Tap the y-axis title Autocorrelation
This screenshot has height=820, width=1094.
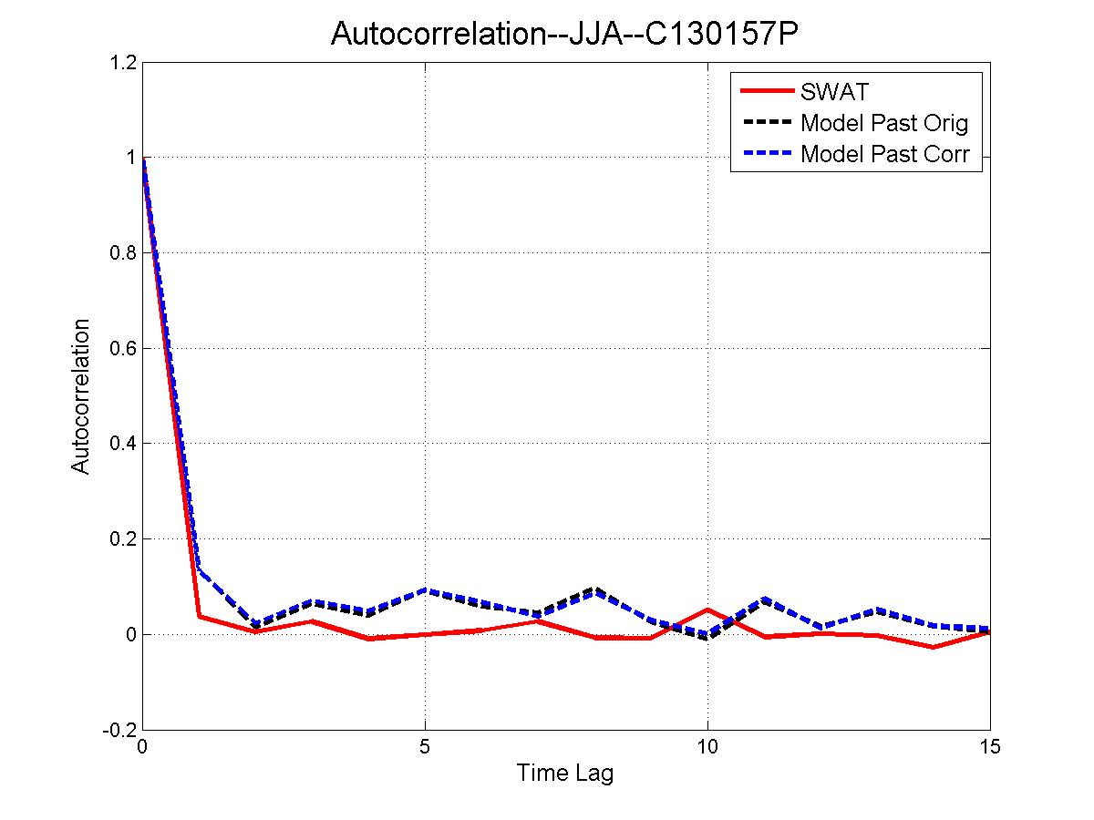tap(81, 395)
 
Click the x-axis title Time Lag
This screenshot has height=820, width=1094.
tap(565, 774)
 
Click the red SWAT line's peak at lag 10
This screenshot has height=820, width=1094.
tap(707, 610)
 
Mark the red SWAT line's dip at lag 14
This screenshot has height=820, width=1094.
tap(933, 647)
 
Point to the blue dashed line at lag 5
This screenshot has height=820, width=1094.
tap(425, 590)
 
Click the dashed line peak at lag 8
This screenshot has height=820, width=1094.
tap(594, 590)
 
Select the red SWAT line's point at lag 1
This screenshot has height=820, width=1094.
tap(199, 617)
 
